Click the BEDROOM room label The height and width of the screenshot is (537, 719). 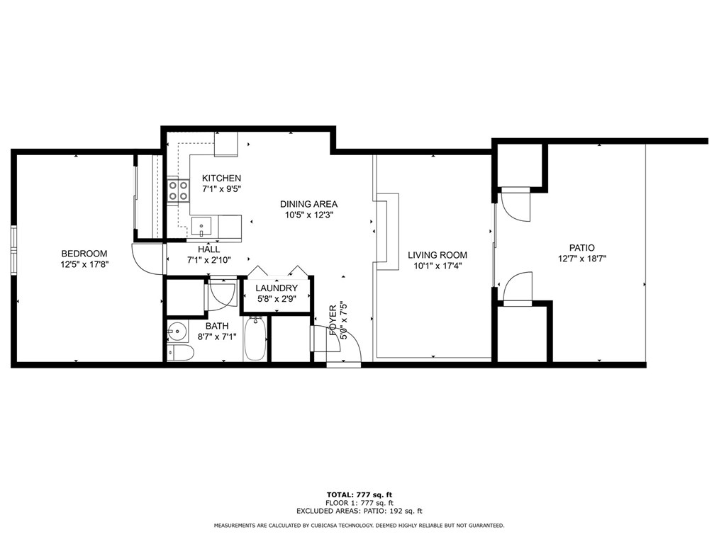click(84, 254)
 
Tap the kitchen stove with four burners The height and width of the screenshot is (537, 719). click(178, 191)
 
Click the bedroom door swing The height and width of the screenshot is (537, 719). click(147, 259)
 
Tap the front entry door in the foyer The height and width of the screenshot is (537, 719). click(345, 348)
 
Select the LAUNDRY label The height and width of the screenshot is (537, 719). click(276, 288)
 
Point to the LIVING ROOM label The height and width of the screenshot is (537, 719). click(437, 255)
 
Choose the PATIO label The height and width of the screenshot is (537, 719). click(581, 248)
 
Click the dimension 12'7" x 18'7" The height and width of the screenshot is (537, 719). click(581, 259)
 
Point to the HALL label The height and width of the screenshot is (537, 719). click(208, 249)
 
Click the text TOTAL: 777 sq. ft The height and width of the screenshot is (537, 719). click(359, 494)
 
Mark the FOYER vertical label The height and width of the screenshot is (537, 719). click(333, 321)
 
